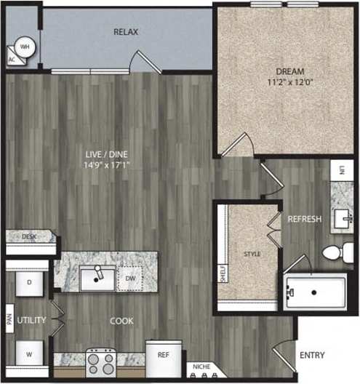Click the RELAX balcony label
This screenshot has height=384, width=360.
126,32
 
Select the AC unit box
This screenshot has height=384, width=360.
12,60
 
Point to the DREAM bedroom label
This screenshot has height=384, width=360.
289,71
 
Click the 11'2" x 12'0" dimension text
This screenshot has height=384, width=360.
289,82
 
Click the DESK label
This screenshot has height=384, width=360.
28,236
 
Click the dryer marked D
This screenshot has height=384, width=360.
30,282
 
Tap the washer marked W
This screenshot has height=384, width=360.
30,354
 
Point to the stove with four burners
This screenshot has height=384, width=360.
101,362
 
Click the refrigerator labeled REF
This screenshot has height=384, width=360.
164,356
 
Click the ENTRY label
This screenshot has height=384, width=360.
312,356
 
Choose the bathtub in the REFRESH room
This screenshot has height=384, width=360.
315,292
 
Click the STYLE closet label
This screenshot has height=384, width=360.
251,254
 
